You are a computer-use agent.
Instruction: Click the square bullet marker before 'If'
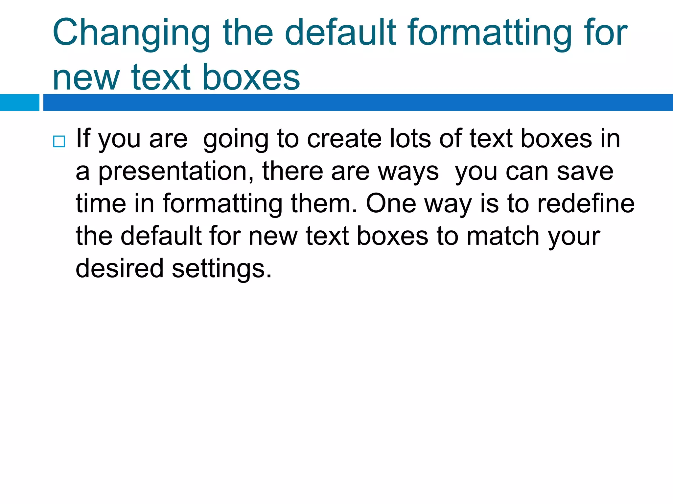pyautogui.click(x=59, y=141)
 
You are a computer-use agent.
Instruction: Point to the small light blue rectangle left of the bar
pyautogui.click(x=19, y=102)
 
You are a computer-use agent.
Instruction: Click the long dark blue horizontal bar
pyautogui.click(x=358, y=102)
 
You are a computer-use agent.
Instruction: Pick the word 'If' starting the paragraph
pyautogui.click(x=83, y=138)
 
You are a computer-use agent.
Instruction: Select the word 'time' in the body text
pyautogui.click(x=101, y=203)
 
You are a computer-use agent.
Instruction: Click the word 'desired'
pyautogui.click(x=119, y=268)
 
